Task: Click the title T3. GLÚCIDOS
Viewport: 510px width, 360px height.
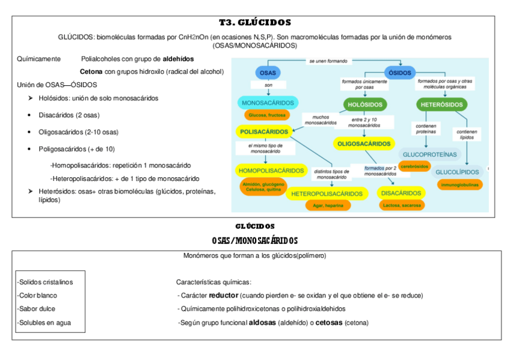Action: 255,23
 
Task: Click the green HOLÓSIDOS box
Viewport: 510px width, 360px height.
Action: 365,105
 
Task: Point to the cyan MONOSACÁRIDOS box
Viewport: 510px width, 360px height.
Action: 268,103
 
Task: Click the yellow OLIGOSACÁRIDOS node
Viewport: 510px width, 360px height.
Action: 363,144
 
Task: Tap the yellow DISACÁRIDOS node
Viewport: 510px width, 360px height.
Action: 401,193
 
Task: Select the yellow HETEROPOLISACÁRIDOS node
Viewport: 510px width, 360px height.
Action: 327,194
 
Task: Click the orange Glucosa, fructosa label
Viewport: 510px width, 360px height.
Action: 266,115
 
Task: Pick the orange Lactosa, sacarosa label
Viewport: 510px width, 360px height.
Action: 401,205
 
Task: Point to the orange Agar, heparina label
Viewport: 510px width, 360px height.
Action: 327,206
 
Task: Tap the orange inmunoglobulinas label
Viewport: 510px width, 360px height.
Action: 459,185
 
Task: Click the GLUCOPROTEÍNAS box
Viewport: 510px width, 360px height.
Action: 429,154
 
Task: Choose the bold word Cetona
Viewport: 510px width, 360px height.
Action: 91,72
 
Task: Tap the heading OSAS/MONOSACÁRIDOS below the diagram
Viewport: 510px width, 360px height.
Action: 255,240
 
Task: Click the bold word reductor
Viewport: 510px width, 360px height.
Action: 223,296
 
